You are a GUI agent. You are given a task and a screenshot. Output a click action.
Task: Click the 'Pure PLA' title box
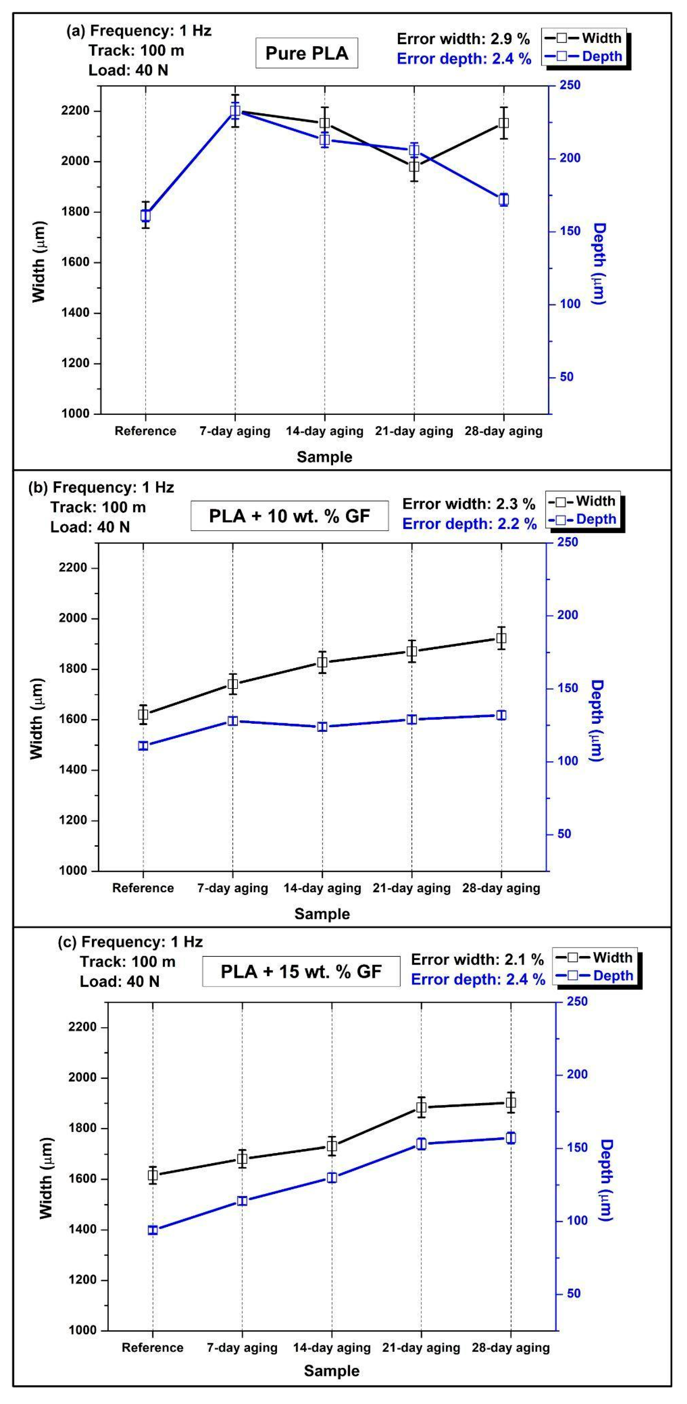pyautogui.click(x=306, y=53)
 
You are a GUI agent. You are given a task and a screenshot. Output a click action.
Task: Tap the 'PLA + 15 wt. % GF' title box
pyautogui.click(x=301, y=971)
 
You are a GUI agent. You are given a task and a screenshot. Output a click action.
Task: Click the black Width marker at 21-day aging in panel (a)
pyautogui.click(x=414, y=166)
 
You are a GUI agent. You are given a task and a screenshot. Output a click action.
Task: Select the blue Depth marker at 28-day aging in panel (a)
pyautogui.click(x=503, y=199)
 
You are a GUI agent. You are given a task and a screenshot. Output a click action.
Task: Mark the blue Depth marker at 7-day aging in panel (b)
pyautogui.click(x=233, y=721)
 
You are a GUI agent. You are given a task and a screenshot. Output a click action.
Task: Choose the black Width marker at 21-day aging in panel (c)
pyautogui.click(x=421, y=1107)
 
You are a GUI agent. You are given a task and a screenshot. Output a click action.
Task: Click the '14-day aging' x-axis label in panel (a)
pyautogui.click(x=325, y=431)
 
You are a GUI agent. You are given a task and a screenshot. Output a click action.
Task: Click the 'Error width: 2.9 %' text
pyautogui.click(x=463, y=39)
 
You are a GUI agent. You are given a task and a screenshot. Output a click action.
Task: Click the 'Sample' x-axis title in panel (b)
pyautogui.click(x=322, y=914)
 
